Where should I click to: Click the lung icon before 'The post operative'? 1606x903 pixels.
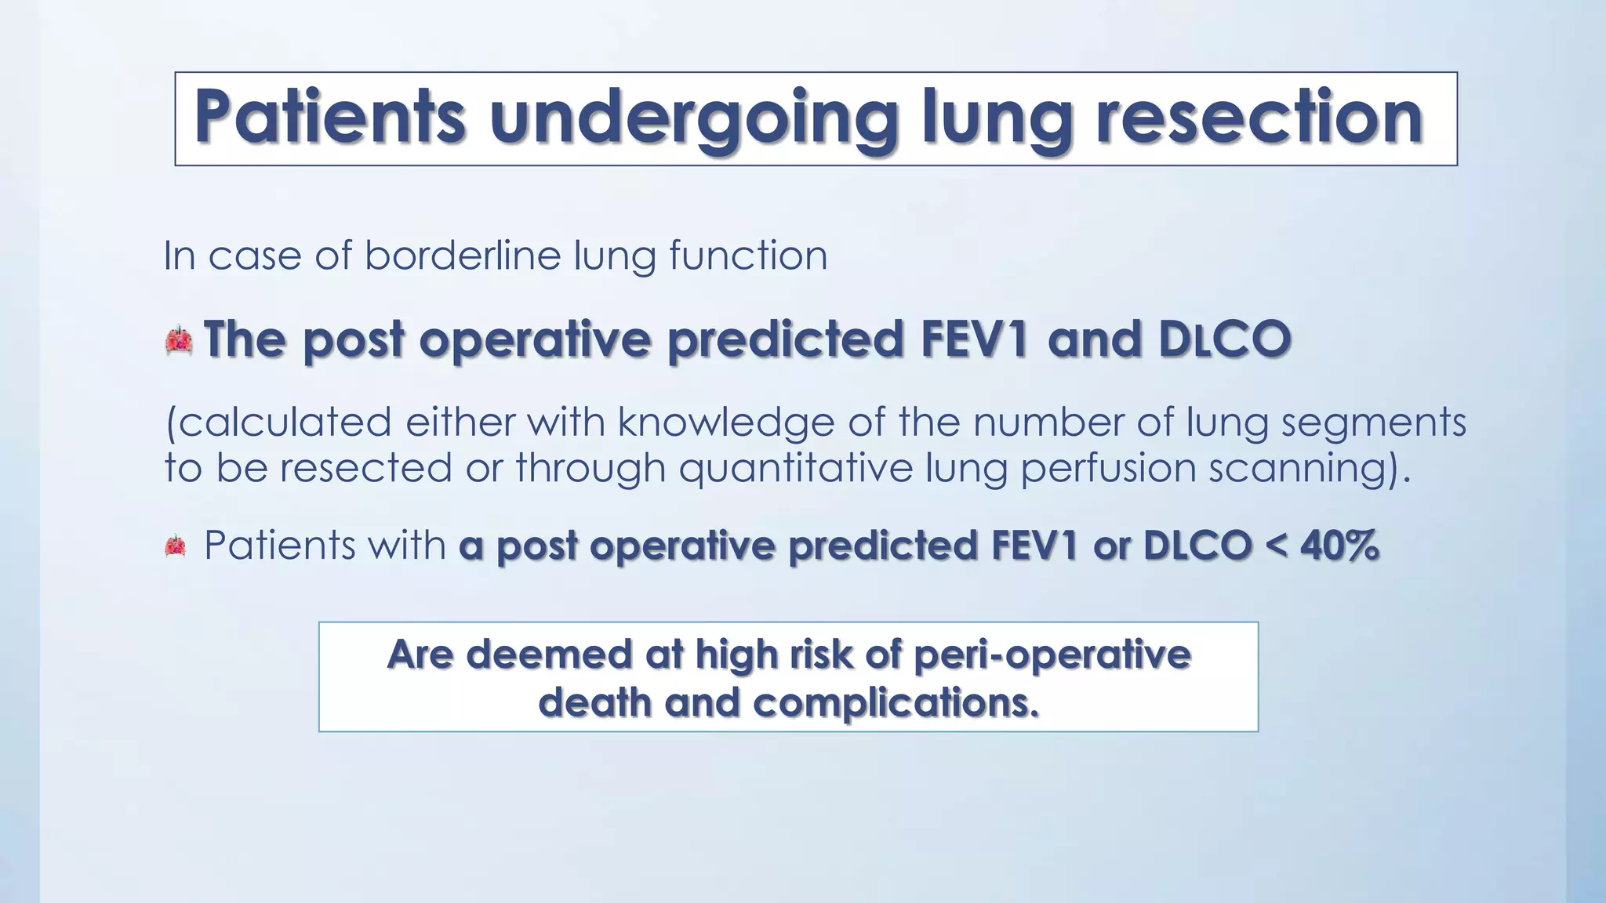[x=180, y=340]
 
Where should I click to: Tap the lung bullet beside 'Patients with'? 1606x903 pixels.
[x=176, y=546]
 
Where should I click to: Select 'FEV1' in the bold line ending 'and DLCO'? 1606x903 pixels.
[x=973, y=339]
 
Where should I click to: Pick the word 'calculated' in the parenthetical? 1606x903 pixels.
[x=279, y=422]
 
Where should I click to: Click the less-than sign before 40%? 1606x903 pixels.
[x=1276, y=546]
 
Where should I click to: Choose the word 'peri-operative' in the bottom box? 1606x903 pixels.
[x=1052, y=655]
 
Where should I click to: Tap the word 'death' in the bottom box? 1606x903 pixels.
[x=595, y=702]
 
